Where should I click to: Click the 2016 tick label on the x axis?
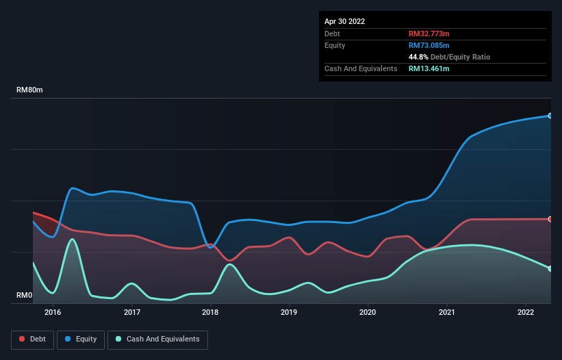point(53,312)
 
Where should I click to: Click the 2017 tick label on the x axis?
point(131,312)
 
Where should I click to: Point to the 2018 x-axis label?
point(210,312)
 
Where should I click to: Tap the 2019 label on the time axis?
point(289,312)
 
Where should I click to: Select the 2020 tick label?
point(368,312)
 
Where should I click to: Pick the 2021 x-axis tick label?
point(446,312)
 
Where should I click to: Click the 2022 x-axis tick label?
point(525,312)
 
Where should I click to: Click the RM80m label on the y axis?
point(30,90)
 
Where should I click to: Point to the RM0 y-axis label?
point(25,295)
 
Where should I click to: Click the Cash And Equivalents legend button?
point(157,339)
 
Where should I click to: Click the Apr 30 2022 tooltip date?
point(344,21)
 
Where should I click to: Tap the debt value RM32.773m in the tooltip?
point(429,34)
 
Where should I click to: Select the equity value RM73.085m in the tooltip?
point(429,45)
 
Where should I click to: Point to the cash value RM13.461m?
point(429,68)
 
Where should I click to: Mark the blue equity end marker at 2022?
point(550,116)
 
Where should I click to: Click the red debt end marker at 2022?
point(550,219)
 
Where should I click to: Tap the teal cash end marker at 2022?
point(550,268)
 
